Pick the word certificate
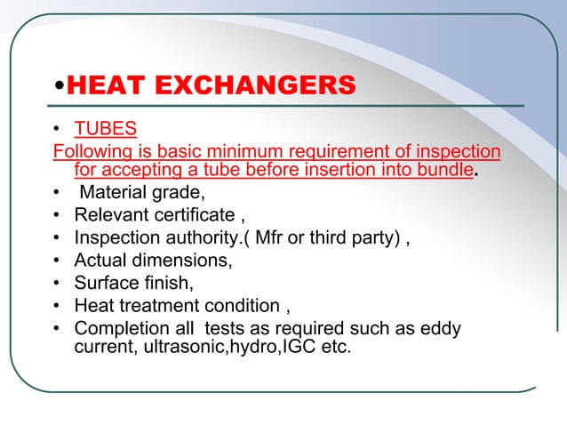(188, 214)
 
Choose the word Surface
(107, 284)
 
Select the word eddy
(441, 329)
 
